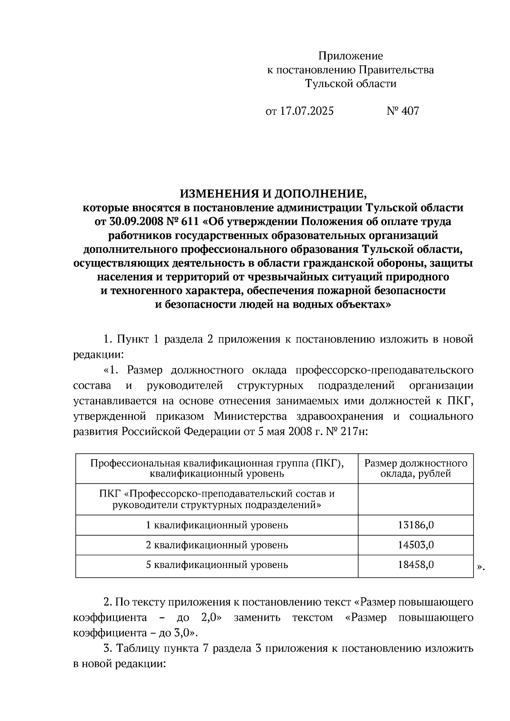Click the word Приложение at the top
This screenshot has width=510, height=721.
click(351, 56)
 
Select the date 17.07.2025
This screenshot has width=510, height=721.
click(306, 111)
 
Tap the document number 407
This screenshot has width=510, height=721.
click(410, 111)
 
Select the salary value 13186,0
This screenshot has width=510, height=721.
click(416, 525)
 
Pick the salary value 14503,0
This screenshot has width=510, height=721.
click(416, 545)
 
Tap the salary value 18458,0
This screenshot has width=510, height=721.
click(416, 565)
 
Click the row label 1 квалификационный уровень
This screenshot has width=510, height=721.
click(217, 525)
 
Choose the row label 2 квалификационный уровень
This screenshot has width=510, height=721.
click(217, 545)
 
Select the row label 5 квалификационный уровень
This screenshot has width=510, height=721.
click(217, 565)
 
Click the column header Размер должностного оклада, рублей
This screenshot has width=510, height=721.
click(416, 468)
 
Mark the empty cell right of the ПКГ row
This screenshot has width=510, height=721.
click(416, 500)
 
